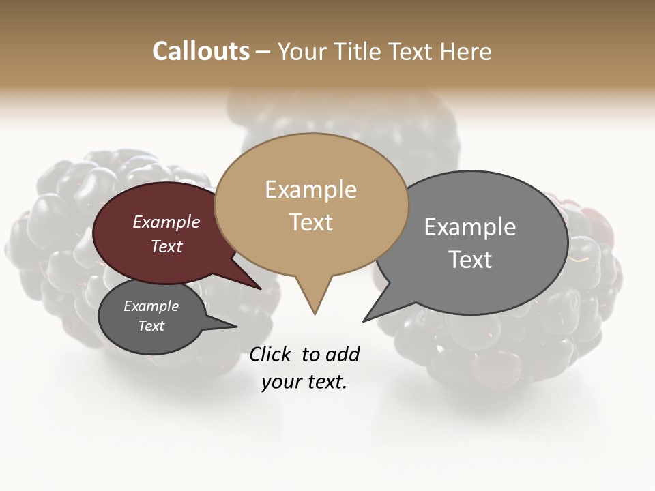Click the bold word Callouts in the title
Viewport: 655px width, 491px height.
tap(201, 51)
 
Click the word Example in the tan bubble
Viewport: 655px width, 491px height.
tap(310, 190)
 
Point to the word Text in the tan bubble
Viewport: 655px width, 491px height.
tap(310, 222)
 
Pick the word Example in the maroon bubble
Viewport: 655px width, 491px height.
tap(166, 222)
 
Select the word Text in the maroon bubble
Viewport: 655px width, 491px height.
tap(166, 246)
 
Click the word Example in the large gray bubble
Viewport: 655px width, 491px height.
tap(469, 226)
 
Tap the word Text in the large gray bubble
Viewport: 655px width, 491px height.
tap(469, 259)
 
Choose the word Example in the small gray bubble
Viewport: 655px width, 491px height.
tap(151, 306)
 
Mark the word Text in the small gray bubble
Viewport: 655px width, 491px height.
tap(151, 326)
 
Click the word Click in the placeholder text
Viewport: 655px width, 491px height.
tap(271, 354)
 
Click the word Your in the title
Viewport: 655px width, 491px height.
tap(300, 51)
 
